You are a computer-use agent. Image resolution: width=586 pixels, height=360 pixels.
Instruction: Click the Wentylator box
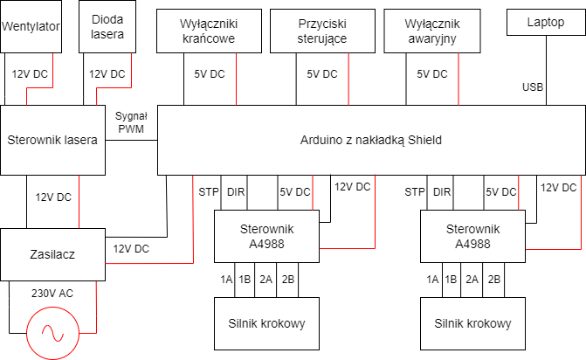[x=31, y=27]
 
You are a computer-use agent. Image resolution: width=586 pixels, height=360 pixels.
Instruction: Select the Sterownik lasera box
[x=53, y=139]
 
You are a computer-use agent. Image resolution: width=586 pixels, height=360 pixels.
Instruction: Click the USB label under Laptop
[x=533, y=87]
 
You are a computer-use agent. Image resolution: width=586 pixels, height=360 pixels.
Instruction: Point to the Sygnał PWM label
[x=132, y=123]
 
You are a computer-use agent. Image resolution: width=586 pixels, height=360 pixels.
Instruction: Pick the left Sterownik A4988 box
[x=267, y=236]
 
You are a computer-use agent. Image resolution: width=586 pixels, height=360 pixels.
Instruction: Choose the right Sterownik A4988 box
[x=472, y=236]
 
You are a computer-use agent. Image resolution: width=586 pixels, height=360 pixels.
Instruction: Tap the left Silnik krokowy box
[x=267, y=323]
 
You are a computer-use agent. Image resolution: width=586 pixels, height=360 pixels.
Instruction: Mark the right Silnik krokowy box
[x=472, y=323]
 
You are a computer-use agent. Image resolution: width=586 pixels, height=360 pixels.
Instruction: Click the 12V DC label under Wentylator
[x=31, y=74]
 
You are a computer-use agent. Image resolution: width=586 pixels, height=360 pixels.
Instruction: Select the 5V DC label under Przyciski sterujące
[x=322, y=74]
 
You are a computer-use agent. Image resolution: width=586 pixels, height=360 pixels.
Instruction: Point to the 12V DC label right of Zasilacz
[x=131, y=249]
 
